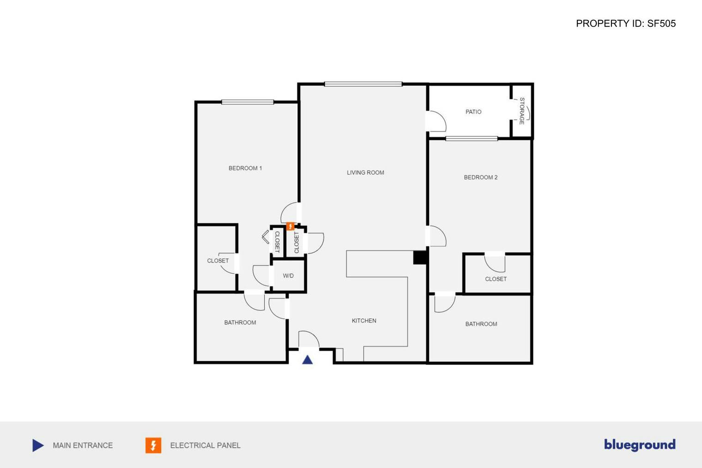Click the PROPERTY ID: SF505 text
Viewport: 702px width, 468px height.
pos(625,24)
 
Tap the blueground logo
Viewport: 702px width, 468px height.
pos(639,444)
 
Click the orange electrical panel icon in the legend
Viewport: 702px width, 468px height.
pos(153,445)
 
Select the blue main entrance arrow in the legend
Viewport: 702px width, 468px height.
pos(38,445)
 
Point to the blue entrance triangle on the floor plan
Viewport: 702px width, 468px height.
pos(308,359)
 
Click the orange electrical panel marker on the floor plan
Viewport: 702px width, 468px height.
pos(290,226)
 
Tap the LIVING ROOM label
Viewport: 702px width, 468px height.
pos(365,173)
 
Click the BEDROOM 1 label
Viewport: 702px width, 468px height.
pos(245,168)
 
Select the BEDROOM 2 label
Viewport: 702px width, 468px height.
pos(480,177)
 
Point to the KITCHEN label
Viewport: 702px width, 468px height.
pos(364,321)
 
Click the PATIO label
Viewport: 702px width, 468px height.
pos(473,112)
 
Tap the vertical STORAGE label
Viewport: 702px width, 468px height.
pos(522,111)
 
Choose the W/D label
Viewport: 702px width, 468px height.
pos(288,276)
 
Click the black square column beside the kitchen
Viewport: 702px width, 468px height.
pos(419,258)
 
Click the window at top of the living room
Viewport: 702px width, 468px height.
pos(363,84)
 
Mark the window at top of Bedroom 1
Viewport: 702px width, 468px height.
pos(248,102)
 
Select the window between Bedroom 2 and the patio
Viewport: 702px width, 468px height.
pos(472,139)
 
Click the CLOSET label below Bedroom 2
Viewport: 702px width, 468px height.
pos(496,279)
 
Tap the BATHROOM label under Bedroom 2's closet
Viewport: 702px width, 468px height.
pos(481,324)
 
